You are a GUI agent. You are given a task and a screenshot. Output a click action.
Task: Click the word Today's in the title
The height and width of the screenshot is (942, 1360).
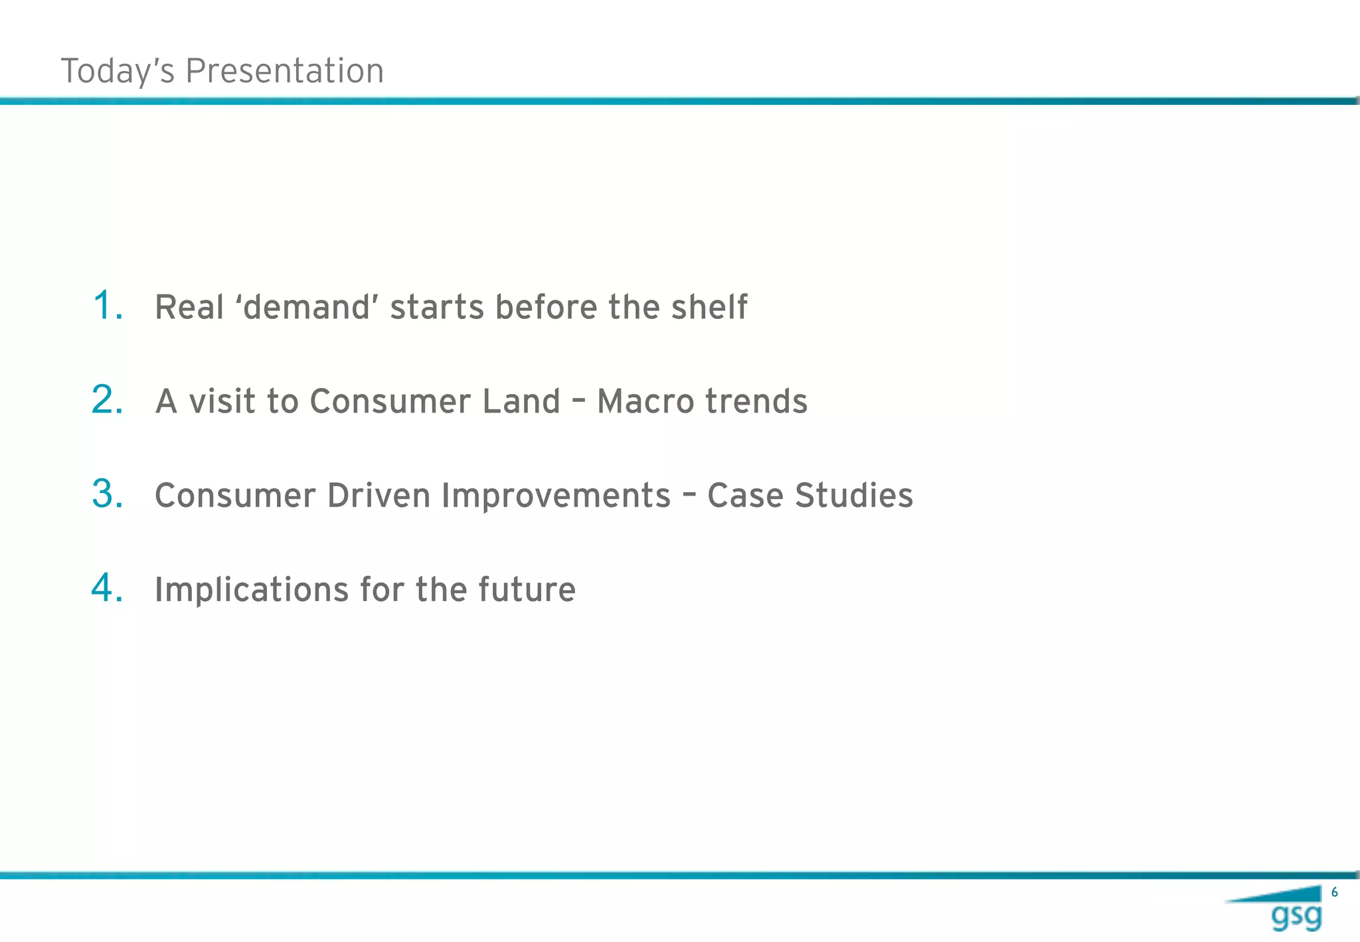coord(118,71)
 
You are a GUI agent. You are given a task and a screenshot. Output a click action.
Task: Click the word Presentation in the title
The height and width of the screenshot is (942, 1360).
coord(284,71)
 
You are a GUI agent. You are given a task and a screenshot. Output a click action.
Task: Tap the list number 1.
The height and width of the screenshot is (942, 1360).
coord(106,306)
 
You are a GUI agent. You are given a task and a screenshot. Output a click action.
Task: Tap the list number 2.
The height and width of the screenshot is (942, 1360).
coord(107,400)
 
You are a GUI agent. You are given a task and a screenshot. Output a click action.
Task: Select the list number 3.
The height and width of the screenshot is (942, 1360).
coord(107,494)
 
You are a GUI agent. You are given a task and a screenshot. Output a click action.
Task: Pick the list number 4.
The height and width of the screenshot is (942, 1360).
coord(107,589)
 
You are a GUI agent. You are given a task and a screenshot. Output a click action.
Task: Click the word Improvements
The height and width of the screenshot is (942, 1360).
coord(556,496)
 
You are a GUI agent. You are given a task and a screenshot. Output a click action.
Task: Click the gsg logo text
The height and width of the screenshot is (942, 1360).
coord(1296,917)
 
